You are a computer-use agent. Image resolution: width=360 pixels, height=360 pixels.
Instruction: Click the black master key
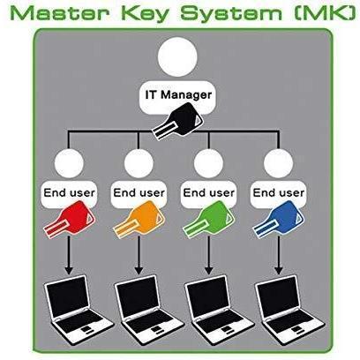pos(177,122)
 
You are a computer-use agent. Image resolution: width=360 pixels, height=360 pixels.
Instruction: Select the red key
pos(70,220)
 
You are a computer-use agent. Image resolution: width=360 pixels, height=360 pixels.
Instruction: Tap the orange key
pos(139,220)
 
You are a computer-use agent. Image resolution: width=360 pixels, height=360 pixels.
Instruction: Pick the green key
pos(209,220)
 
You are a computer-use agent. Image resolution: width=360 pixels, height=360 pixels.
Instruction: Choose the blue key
pos(279,220)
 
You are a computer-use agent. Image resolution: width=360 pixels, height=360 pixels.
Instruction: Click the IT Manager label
pos(178,95)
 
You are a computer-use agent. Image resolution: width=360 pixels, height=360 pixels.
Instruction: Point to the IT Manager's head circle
pos(177,56)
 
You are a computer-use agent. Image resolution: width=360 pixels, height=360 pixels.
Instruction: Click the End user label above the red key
pos(70,192)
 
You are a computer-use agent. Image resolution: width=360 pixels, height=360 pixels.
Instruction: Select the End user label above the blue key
pos(279,192)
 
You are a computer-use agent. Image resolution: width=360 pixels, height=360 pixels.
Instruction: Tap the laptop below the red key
pos(77,307)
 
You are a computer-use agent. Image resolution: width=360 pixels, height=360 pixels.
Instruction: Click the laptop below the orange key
pos(147,307)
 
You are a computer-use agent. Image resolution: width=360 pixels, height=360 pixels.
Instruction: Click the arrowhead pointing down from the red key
pos(69,269)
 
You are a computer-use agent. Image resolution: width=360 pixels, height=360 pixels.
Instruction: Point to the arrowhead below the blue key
pos(279,269)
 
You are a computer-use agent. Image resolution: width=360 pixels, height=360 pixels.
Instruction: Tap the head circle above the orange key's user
pos(139,163)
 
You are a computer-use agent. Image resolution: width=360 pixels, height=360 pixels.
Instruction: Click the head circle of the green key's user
pos(208,163)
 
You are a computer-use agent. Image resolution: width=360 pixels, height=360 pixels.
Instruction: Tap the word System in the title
pos(231,14)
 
